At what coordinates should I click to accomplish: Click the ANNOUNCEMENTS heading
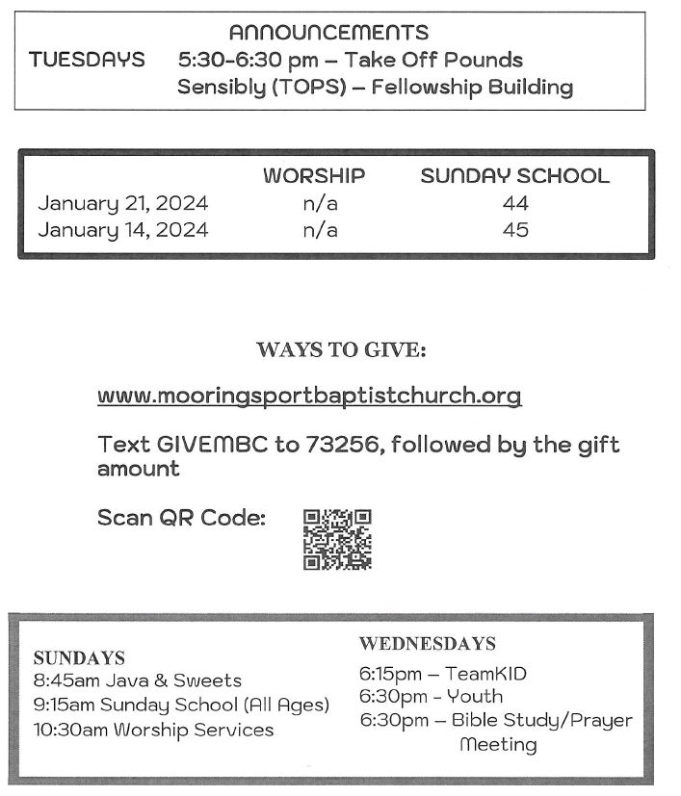328,34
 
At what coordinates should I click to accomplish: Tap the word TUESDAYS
87,60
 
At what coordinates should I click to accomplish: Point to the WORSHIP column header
314,176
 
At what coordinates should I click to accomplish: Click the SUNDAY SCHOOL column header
514,176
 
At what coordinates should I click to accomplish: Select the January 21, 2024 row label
122,203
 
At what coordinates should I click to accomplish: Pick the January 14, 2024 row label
122,230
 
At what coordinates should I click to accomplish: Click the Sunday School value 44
515,203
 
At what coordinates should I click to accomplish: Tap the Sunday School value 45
515,230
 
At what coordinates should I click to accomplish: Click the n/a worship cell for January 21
320,203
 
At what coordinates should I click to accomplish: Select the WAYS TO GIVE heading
341,350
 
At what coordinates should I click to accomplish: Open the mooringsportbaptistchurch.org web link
309,396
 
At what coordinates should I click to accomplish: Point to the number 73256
342,445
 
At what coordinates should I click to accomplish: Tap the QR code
337,539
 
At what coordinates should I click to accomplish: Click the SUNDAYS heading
79,658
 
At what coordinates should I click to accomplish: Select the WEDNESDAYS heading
428,643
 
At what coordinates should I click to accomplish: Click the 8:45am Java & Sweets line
137,681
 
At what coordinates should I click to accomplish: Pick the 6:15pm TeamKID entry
442,674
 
